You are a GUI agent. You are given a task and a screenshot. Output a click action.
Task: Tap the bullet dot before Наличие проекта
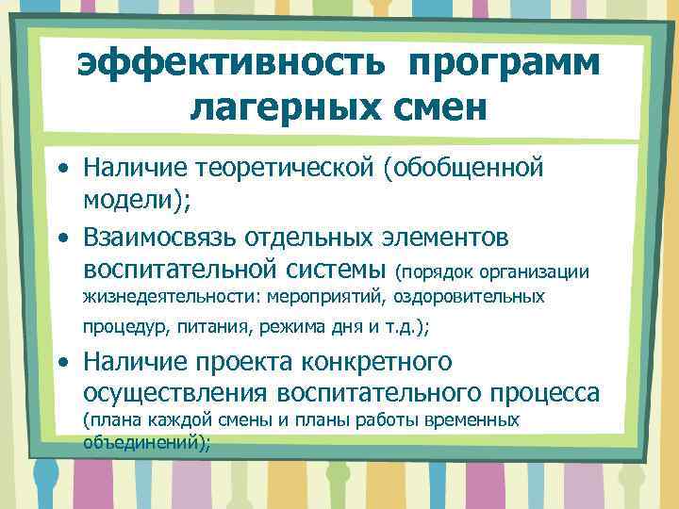pos(63,362)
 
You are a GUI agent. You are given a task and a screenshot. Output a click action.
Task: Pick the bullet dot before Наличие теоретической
pos(63,170)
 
